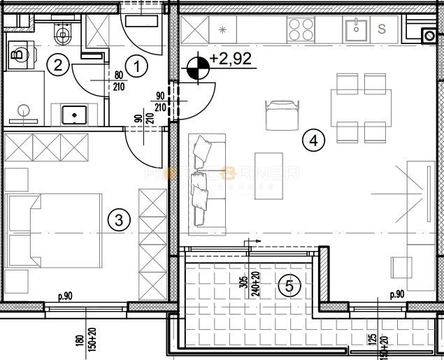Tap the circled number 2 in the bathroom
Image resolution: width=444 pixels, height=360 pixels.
pyautogui.click(x=58, y=66)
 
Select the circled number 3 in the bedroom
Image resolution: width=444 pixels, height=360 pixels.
pyautogui.click(x=120, y=220)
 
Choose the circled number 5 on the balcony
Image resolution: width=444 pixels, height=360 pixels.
pyautogui.click(x=287, y=285)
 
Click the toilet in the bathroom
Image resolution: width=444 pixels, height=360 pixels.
pyautogui.click(x=62, y=30)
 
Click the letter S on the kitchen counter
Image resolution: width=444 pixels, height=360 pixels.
pyautogui.click(x=382, y=29)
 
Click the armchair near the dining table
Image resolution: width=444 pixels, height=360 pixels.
pyautogui.click(x=280, y=113)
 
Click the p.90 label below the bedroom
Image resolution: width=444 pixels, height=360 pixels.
pyautogui.click(x=64, y=296)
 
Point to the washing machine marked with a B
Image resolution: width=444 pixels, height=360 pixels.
pyautogui.click(x=19, y=54)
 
